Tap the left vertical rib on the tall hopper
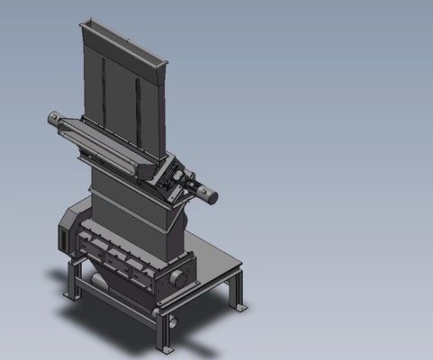point(104,99)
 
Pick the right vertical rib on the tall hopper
point(140,108)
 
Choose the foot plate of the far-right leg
point(241,308)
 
